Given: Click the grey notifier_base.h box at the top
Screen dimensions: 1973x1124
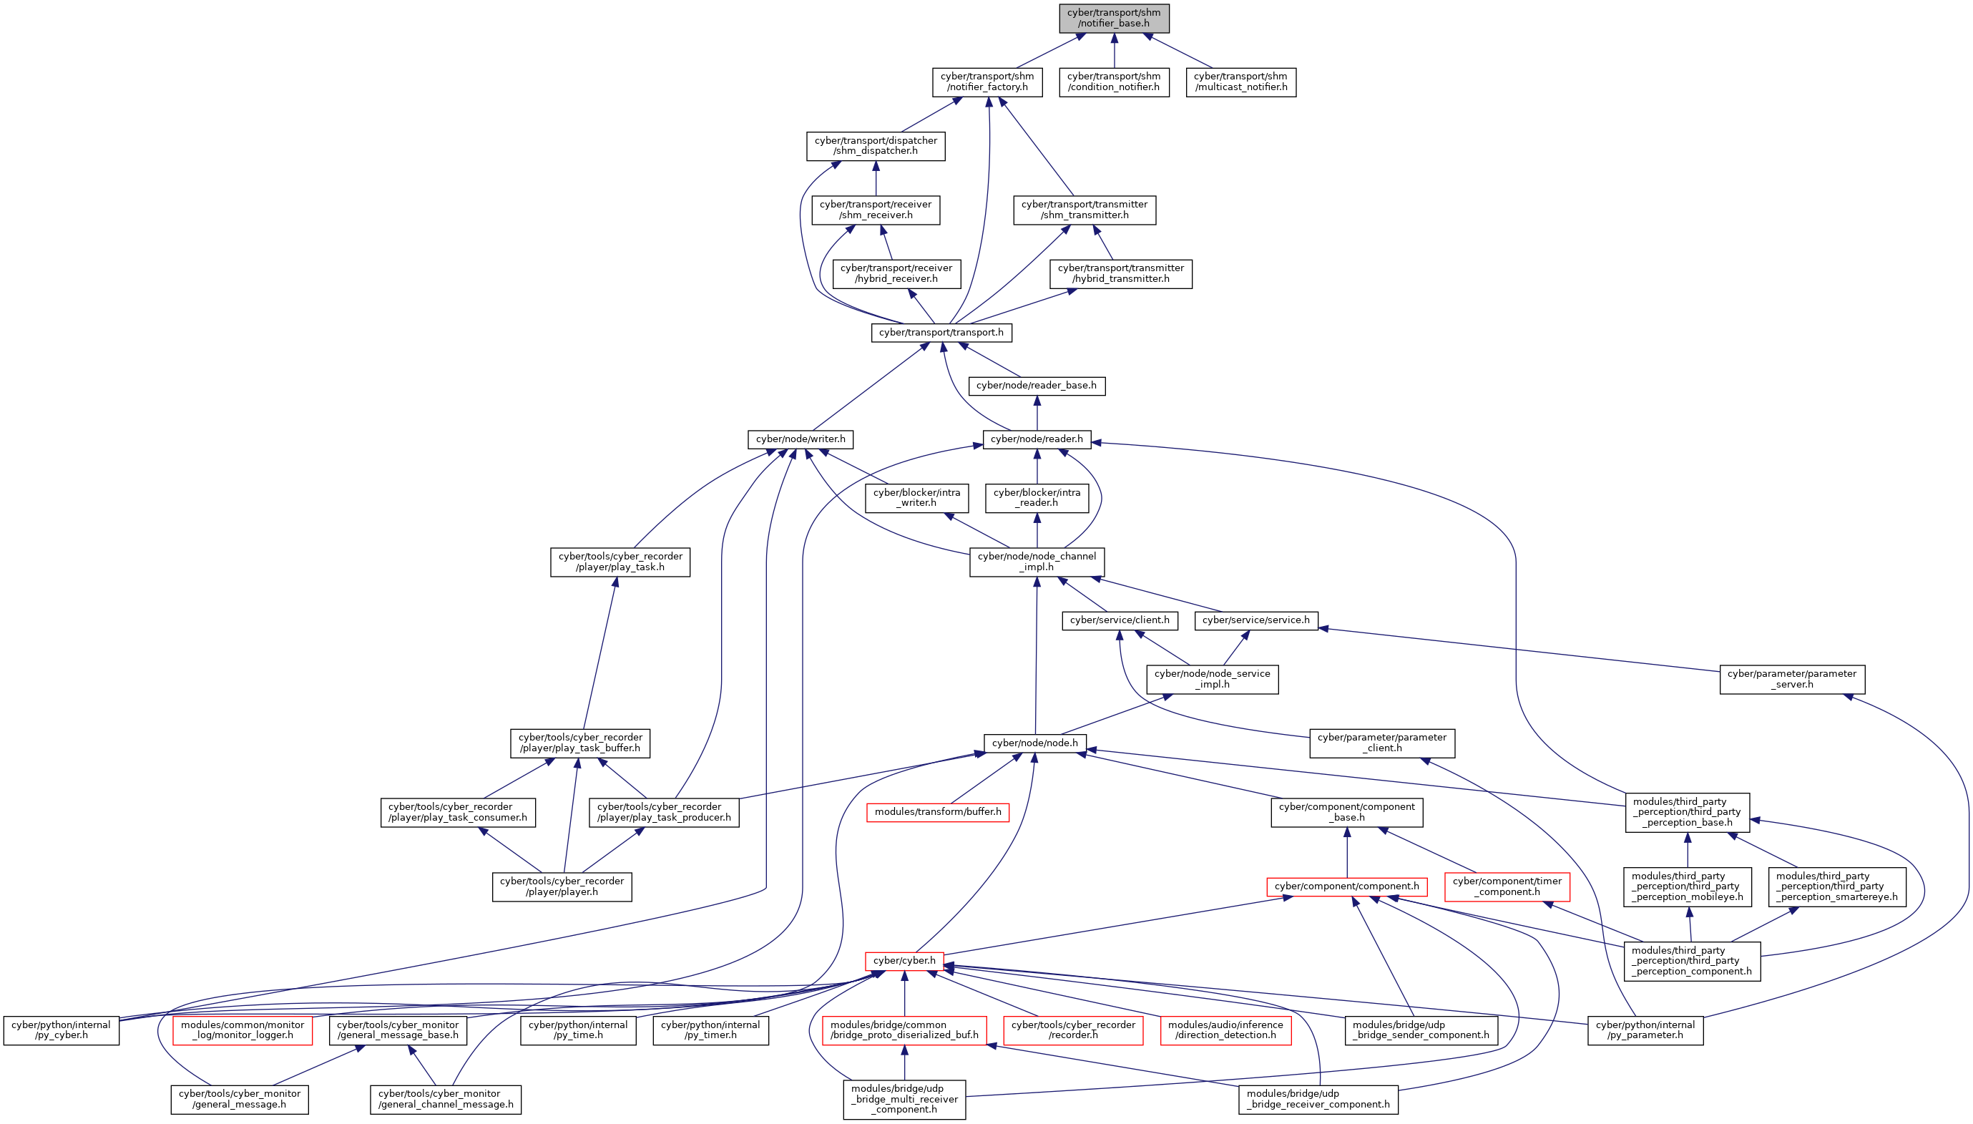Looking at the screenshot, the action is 1114,19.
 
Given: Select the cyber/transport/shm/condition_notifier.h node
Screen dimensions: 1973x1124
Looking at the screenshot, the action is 1114,82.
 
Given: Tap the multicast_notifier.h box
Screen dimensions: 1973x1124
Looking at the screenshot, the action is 1240,82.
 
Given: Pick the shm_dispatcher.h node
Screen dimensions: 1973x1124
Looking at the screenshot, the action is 876,146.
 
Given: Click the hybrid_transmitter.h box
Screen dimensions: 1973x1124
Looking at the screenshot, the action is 1121,274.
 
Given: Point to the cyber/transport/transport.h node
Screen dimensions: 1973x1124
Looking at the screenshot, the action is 941,333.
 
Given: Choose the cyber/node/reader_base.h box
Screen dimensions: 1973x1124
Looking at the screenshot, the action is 1036,386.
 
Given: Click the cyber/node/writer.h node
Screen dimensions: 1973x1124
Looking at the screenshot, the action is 801,439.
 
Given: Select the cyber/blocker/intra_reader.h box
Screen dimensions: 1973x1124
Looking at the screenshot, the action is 1037,498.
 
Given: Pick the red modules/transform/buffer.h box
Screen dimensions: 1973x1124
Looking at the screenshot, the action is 937,812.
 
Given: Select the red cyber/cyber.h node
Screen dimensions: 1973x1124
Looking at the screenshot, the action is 904,961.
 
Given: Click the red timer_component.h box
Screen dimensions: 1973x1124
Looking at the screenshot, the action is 1507,887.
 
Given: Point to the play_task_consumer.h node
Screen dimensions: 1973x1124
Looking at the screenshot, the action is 458,812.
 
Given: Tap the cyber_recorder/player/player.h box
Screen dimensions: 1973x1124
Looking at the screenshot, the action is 562,887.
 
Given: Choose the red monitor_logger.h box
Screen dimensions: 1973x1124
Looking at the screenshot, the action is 243,1030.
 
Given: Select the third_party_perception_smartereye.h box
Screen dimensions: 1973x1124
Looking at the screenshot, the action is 1836,887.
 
